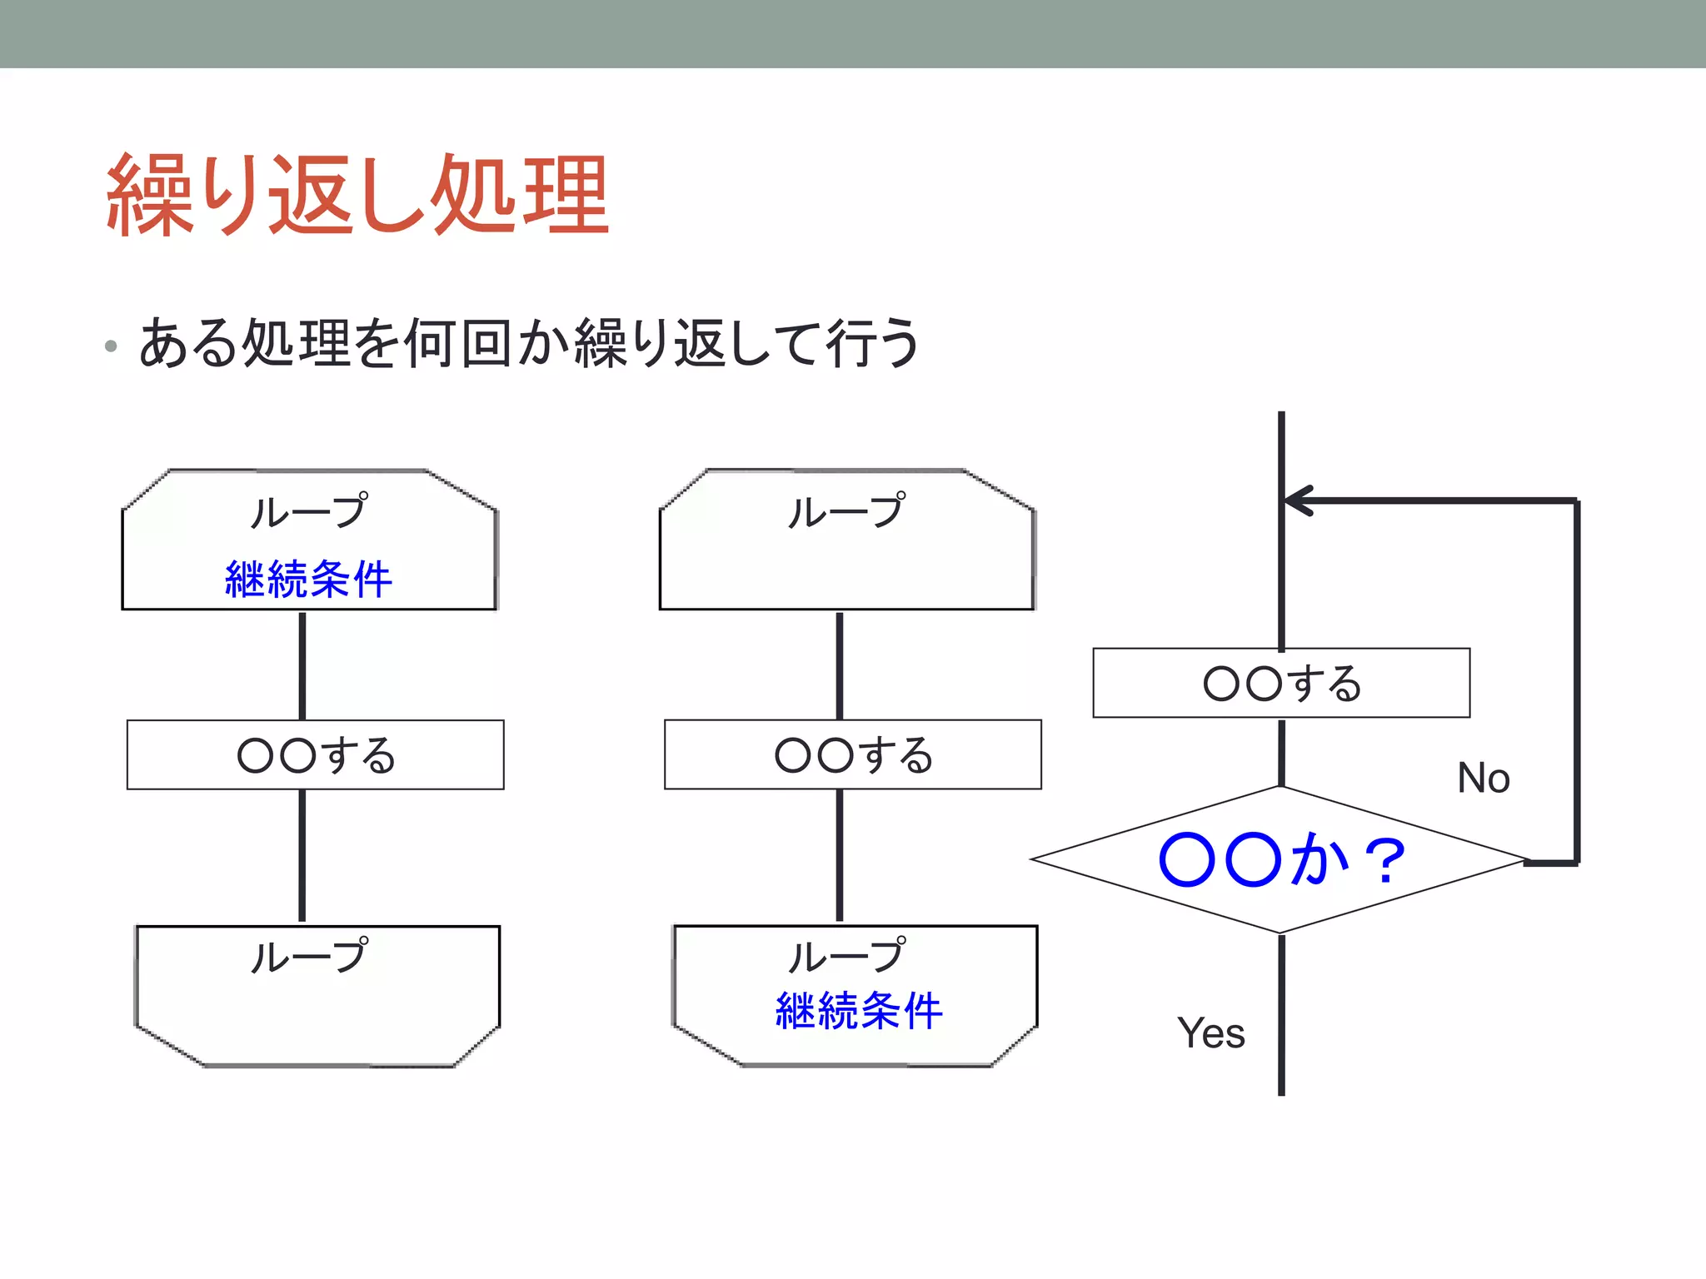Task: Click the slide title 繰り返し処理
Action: click(358, 196)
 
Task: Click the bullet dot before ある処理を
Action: click(111, 346)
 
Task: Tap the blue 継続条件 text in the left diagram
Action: click(308, 579)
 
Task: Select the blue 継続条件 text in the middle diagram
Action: click(859, 1011)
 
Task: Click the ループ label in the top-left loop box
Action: click(308, 510)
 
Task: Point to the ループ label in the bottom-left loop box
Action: click(308, 956)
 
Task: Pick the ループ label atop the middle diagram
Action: click(846, 510)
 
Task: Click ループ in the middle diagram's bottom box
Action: click(846, 956)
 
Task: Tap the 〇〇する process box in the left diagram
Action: click(315, 754)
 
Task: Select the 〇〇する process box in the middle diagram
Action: click(852, 754)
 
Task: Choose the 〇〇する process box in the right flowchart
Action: click(1281, 683)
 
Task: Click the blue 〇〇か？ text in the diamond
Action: click(1281, 860)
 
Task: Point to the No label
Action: click(1483, 778)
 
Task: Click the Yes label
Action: click(1210, 1033)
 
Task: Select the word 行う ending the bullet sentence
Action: click(871, 343)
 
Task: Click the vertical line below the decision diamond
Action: click(1281, 1016)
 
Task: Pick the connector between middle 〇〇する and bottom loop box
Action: click(839, 856)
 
